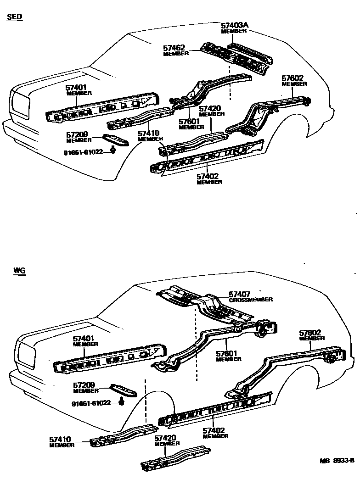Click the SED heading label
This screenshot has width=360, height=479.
click(15, 17)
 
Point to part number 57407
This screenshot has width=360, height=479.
click(239, 294)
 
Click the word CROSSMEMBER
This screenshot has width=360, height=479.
click(251, 300)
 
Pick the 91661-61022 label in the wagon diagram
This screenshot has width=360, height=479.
click(91, 403)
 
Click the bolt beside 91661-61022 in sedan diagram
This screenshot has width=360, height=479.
click(113, 150)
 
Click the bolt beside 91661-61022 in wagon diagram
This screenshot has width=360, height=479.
click(122, 402)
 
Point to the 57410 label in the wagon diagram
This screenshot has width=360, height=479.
click(61, 440)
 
